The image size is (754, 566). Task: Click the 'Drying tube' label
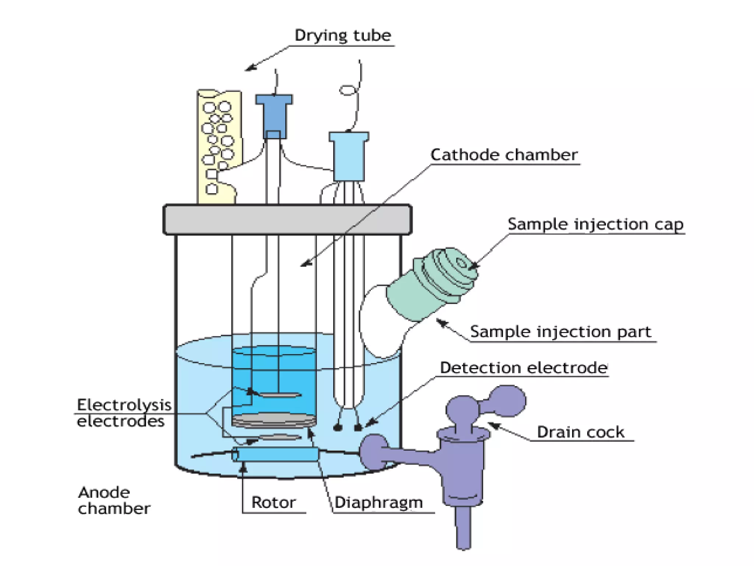pos(342,36)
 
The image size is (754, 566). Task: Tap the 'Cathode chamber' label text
pos(504,155)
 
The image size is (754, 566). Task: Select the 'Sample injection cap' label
pos(595,224)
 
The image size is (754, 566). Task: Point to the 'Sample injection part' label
pos(561,332)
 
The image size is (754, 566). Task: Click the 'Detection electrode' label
pos(523,368)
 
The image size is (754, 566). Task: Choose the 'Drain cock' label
pos(580,432)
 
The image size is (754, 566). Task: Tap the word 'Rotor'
pos(273,502)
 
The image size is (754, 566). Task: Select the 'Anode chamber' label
pos(113,500)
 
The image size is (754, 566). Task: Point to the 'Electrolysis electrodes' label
pos(124,413)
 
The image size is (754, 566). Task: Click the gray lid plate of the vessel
pos(287,220)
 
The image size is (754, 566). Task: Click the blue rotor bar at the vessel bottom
pos(275,454)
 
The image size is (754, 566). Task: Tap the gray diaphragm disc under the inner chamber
pos(274,420)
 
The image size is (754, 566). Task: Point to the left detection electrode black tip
pos(337,427)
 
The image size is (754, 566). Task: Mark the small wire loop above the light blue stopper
pos(348,90)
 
